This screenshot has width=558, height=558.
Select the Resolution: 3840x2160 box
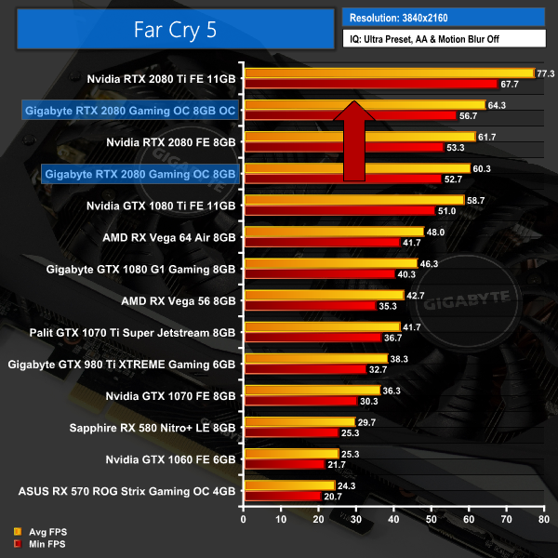[x=442, y=17]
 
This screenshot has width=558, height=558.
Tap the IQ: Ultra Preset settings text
[x=442, y=39]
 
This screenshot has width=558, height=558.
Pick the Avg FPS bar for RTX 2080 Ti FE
[x=388, y=73]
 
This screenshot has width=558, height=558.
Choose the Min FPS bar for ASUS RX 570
[x=281, y=498]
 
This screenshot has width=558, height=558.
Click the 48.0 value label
[x=436, y=232]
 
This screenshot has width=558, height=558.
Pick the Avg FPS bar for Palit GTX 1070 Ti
[x=321, y=326]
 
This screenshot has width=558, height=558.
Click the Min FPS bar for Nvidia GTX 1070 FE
[x=299, y=401]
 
